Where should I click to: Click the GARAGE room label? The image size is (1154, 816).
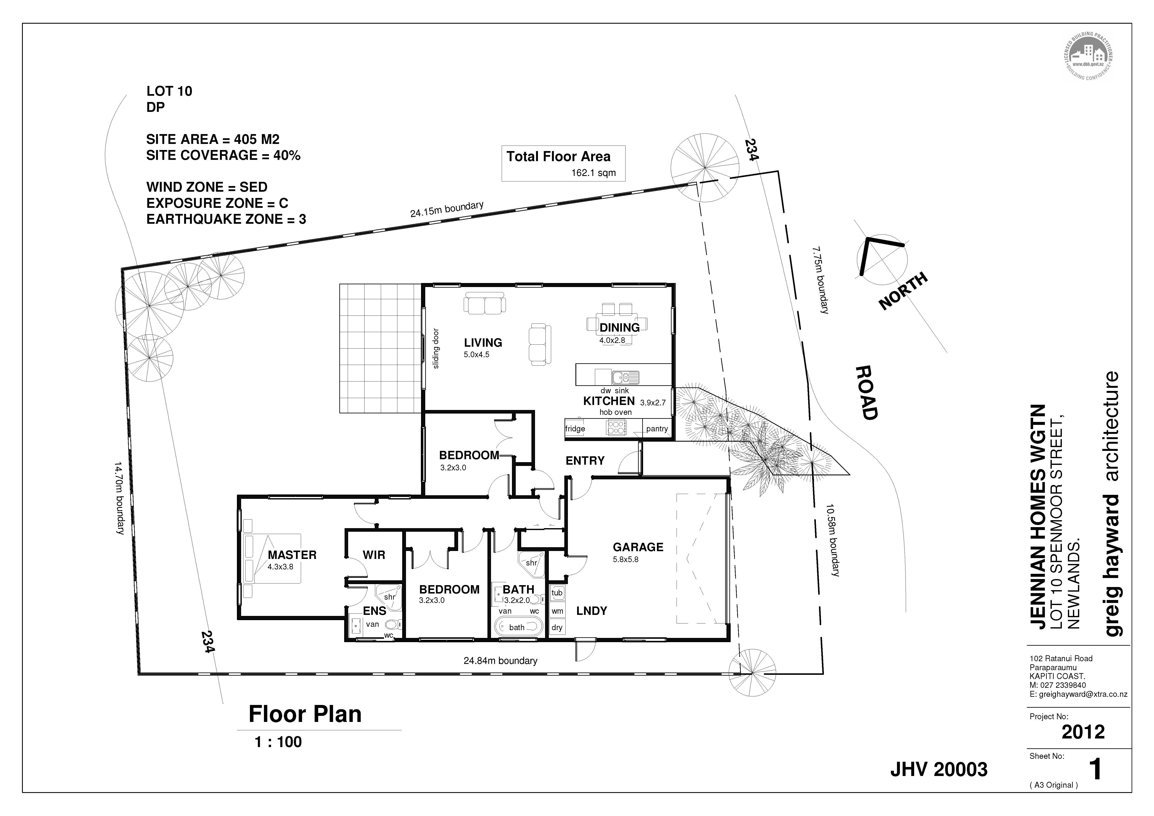[x=638, y=547]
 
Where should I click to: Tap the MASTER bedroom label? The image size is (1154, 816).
[x=292, y=555]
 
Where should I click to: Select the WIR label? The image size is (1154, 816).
[x=374, y=555]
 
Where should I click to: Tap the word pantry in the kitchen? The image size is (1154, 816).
[x=657, y=429]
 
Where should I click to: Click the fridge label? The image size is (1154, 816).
[x=575, y=429]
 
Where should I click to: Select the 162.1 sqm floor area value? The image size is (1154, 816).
[x=593, y=173]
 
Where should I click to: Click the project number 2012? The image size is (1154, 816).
[x=1083, y=732]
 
